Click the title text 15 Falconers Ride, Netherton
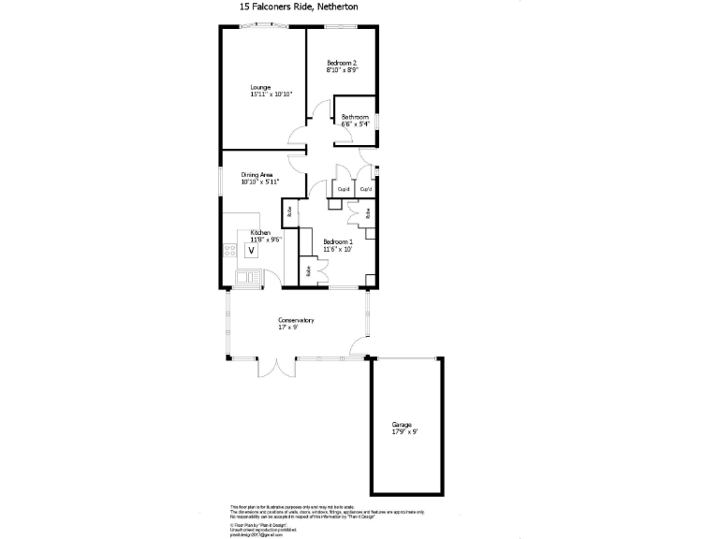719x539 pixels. tap(298, 7)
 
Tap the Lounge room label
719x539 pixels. tap(260, 87)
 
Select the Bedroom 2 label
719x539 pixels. tap(343, 63)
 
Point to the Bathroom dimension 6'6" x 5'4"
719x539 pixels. tap(356, 124)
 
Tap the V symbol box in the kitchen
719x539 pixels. tap(251, 251)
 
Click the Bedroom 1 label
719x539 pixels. tap(338, 242)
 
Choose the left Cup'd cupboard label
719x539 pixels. tap(344, 190)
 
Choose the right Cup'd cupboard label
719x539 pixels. tap(366, 190)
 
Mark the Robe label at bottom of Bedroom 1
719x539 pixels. tap(308, 271)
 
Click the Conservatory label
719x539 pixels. tap(296, 321)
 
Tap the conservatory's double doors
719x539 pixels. tap(277, 365)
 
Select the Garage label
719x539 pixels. tap(402, 425)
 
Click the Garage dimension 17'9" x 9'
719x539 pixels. tap(404, 431)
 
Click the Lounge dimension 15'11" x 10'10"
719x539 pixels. tap(271, 95)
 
